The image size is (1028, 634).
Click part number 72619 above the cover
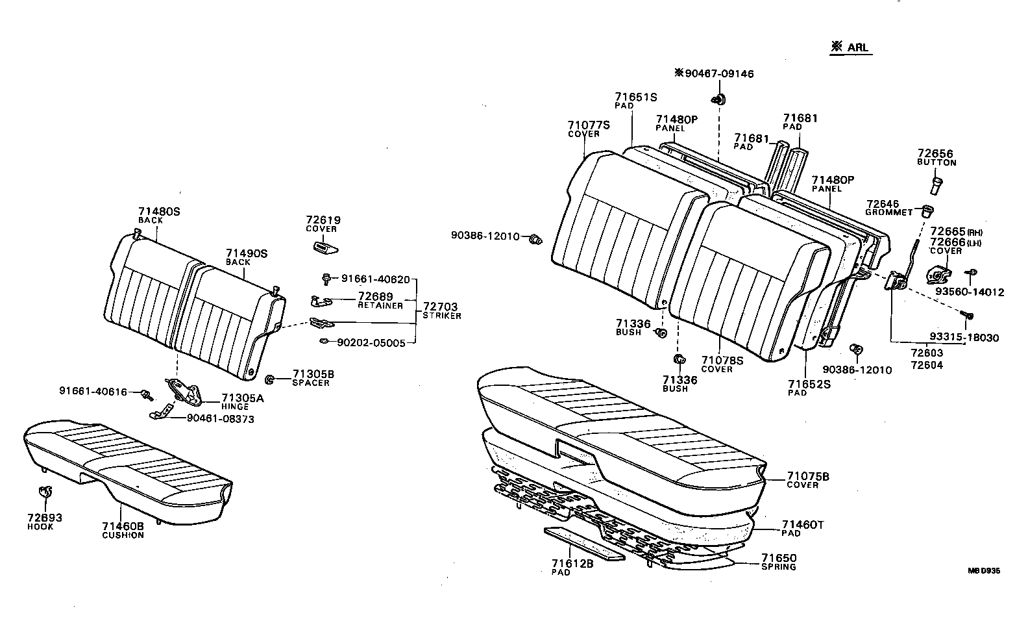[323, 220]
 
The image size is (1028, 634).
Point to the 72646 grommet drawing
[928, 210]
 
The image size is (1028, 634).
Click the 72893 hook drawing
[44, 493]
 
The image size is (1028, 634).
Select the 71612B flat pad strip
[584, 542]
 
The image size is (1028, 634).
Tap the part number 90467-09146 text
[714, 74]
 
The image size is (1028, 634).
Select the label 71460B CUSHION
[123, 529]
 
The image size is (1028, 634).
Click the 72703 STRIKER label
[441, 310]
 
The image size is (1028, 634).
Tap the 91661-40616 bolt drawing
[147, 393]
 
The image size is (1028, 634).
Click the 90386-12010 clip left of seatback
[535, 239]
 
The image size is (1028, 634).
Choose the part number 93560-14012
[969, 292]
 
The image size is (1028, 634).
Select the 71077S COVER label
[588, 128]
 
